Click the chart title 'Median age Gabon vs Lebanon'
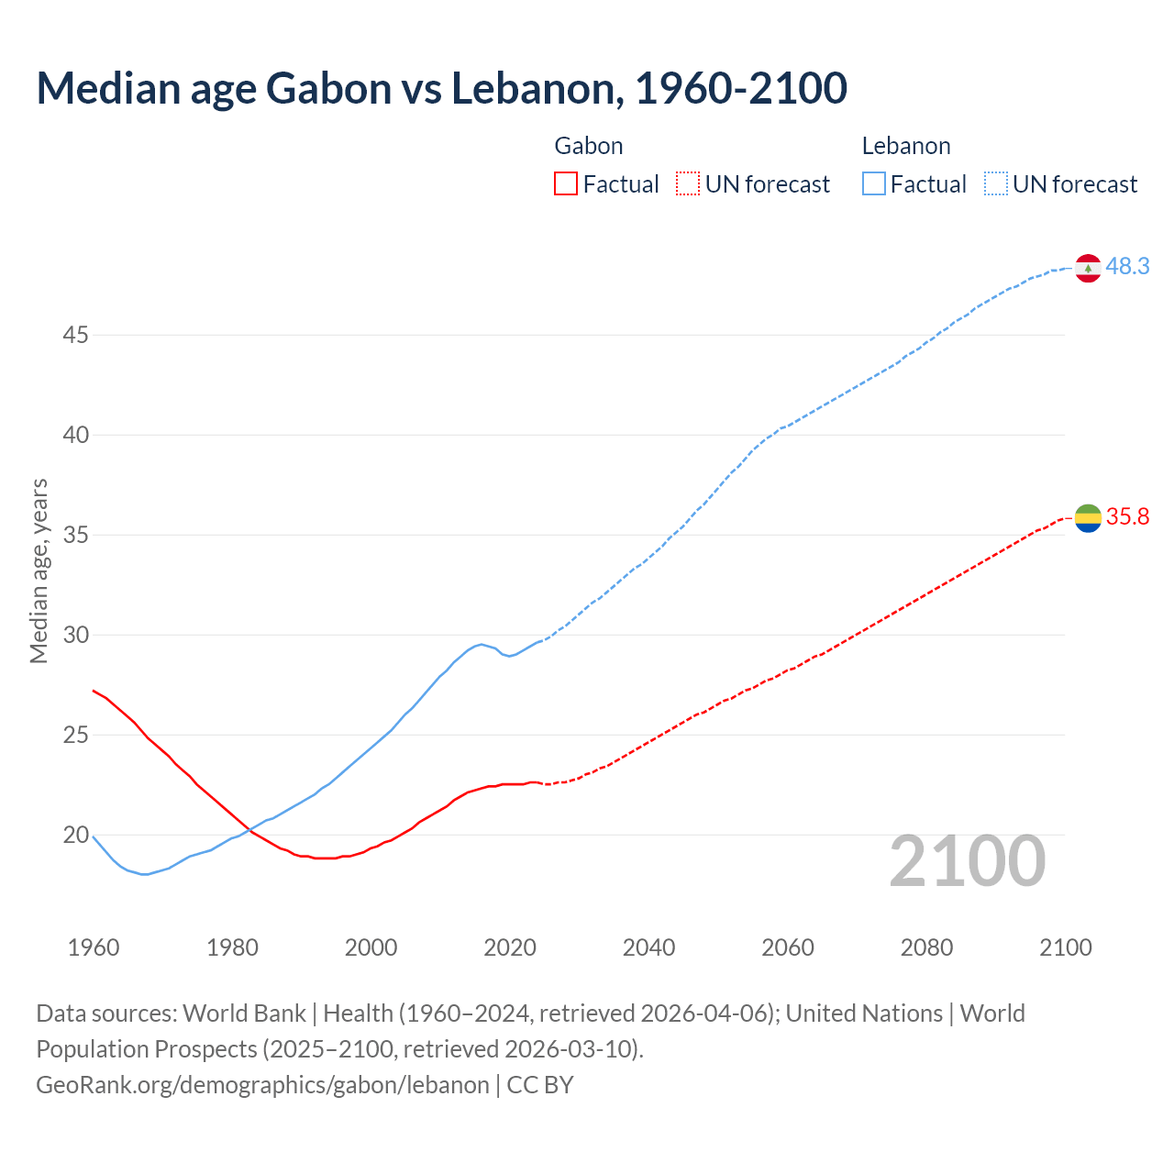441,88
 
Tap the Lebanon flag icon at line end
1088,268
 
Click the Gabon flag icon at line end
1088,518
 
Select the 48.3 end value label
1127,267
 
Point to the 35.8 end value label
1127,517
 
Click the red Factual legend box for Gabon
566,184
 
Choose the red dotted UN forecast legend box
688,184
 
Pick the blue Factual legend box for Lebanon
873,184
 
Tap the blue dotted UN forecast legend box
995,184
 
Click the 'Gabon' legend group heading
589,146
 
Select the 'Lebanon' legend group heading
906,146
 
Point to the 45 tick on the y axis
75,336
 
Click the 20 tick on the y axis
75,836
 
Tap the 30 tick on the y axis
75,636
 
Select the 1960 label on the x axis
94,947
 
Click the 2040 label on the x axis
648,947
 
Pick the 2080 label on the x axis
926,947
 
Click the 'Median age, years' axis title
39,570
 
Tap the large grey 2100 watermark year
967,861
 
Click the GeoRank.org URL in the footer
262,1085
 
